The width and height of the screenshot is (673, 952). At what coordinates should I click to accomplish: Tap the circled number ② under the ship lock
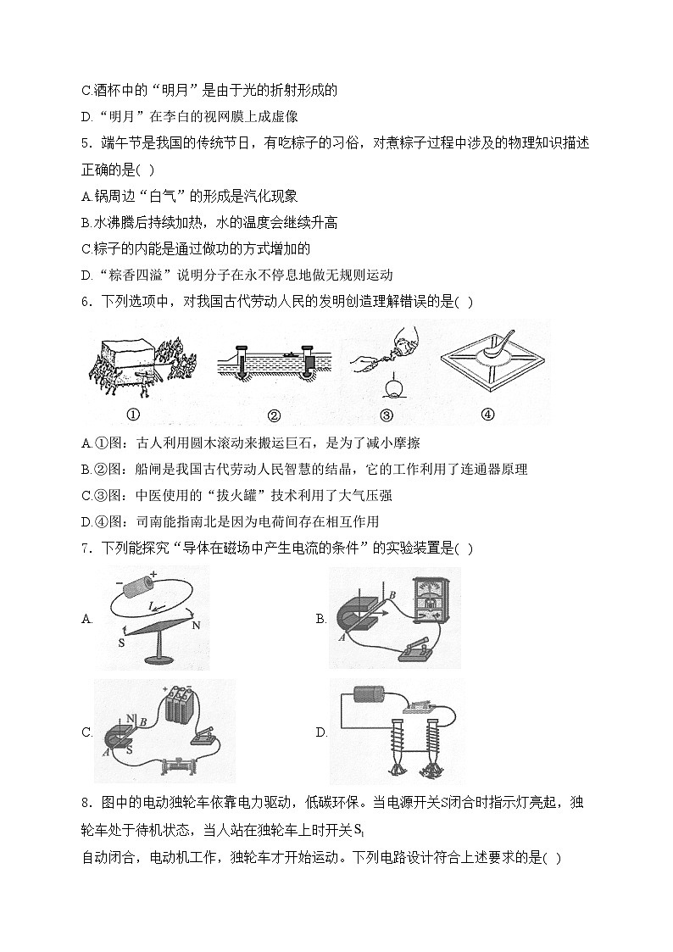[x=273, y=415]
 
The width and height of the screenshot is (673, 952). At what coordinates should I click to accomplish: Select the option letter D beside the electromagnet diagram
[x=321, y=732]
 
